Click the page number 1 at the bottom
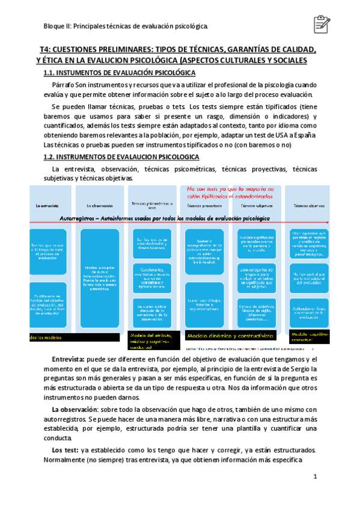tap(314, 477)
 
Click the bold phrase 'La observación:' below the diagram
tap(79, 410)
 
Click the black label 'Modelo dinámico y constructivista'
tap(230, 336)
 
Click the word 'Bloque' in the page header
tap(55, 26)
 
